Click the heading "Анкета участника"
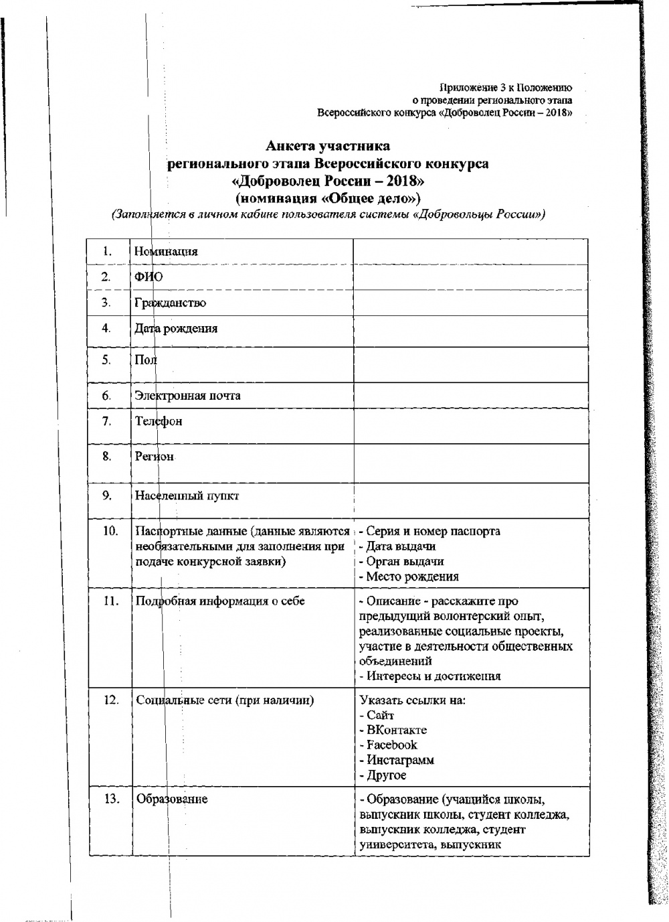327,145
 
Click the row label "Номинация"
166,252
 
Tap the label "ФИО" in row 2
149,277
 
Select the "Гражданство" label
170,303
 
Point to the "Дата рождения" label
175,329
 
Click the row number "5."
106,360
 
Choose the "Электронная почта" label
187,395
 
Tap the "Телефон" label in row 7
158,421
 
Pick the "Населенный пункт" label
187,496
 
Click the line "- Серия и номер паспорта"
429,532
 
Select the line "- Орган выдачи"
401,561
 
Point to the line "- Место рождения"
409,577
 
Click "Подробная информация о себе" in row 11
220,601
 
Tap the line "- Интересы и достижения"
429,676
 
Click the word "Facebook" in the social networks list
392,745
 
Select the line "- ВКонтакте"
393,730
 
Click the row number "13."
110,799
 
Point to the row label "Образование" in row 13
172,799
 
